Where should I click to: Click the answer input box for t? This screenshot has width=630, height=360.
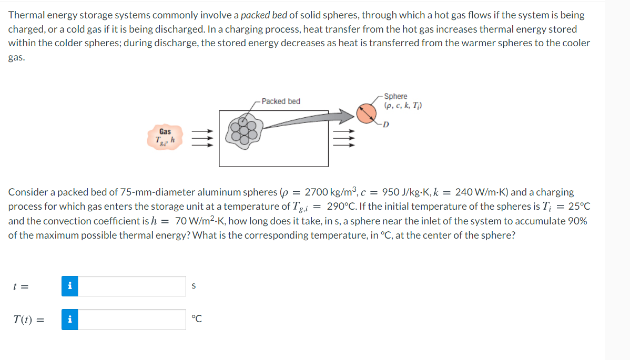coord(132,286)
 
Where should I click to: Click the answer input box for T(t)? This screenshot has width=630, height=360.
coord(132,320)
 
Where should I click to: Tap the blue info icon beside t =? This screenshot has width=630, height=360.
coord(70,286)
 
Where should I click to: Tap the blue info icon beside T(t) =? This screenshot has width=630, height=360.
coord(70,320)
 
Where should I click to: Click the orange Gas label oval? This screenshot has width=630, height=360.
coord(165,136)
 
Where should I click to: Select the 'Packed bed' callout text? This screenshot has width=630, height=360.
coord(281,101)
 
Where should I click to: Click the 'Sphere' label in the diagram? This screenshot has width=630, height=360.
coord(395,96)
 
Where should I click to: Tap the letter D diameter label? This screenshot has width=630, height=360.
coord(387,125)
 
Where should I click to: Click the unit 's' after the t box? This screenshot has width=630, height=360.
coord(194,286)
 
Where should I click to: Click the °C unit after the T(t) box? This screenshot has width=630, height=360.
coord(197,319)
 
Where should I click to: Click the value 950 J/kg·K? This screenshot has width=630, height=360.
coord(405,192)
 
